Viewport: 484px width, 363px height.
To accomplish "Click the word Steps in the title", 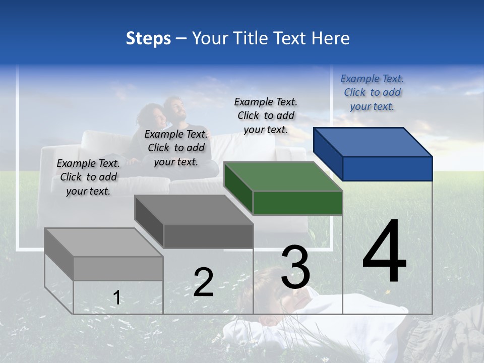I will point(148,38).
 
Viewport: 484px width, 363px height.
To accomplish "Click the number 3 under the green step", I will point(295,267).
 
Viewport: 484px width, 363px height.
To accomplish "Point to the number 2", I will point(203,282).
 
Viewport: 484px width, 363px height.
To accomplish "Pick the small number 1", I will point(117,297).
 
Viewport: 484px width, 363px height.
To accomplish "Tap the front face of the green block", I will point(297,203).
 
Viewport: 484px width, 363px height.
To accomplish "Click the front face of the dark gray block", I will point(208,236).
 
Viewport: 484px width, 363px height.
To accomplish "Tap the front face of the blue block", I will point(387,168).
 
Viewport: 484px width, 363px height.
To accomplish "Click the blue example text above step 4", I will point(372,92).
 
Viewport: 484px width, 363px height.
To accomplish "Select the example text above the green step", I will point(266,115).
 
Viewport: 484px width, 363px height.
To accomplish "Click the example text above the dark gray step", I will point(176,148).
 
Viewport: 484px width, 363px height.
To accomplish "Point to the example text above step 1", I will point(88,177).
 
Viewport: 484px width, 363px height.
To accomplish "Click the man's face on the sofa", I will point(176,108).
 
